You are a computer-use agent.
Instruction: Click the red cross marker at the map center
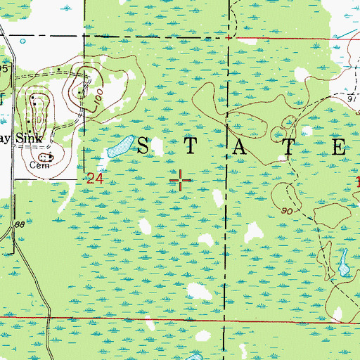[x=181, y=181]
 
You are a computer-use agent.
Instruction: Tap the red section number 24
[x=96, y=179]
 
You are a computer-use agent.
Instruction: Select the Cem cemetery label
[x=37, y=166]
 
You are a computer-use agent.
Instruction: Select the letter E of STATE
[x=337, y=147]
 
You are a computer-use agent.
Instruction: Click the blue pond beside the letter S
[x=119, y=147]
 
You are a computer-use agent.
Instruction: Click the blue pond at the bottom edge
[x=194, y=356]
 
